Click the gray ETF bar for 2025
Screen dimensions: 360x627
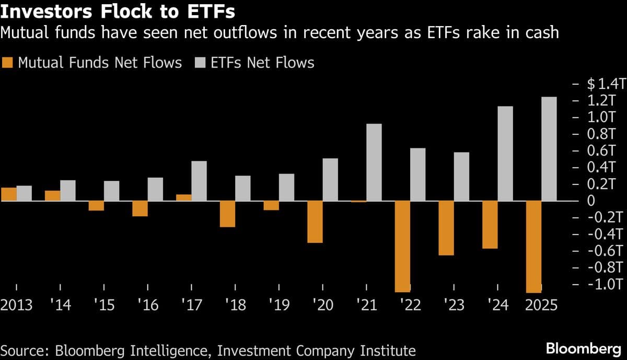tap(549, 149)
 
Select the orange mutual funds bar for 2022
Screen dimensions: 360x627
tap(402, 246)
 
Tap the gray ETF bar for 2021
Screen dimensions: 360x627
tap(374, 162)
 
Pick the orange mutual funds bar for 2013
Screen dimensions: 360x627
tap(8, 194)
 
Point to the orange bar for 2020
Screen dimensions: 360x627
tap(315, 222)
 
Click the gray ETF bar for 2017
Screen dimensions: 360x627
tap(199, 181)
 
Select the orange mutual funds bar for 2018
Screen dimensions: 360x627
tap(227, 214)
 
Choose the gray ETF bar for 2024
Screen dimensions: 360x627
tap(505, 154)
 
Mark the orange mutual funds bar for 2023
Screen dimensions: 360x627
tap(446, 228)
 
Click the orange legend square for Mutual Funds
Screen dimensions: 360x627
tap(7, 63)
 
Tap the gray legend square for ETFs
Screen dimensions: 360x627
tap(200, 63)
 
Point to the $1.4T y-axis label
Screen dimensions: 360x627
tap(605, 84)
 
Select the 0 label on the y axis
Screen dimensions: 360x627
tap(590, 201)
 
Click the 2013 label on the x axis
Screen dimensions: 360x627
tap(16, 305)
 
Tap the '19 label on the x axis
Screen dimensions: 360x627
tap(280, 305)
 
